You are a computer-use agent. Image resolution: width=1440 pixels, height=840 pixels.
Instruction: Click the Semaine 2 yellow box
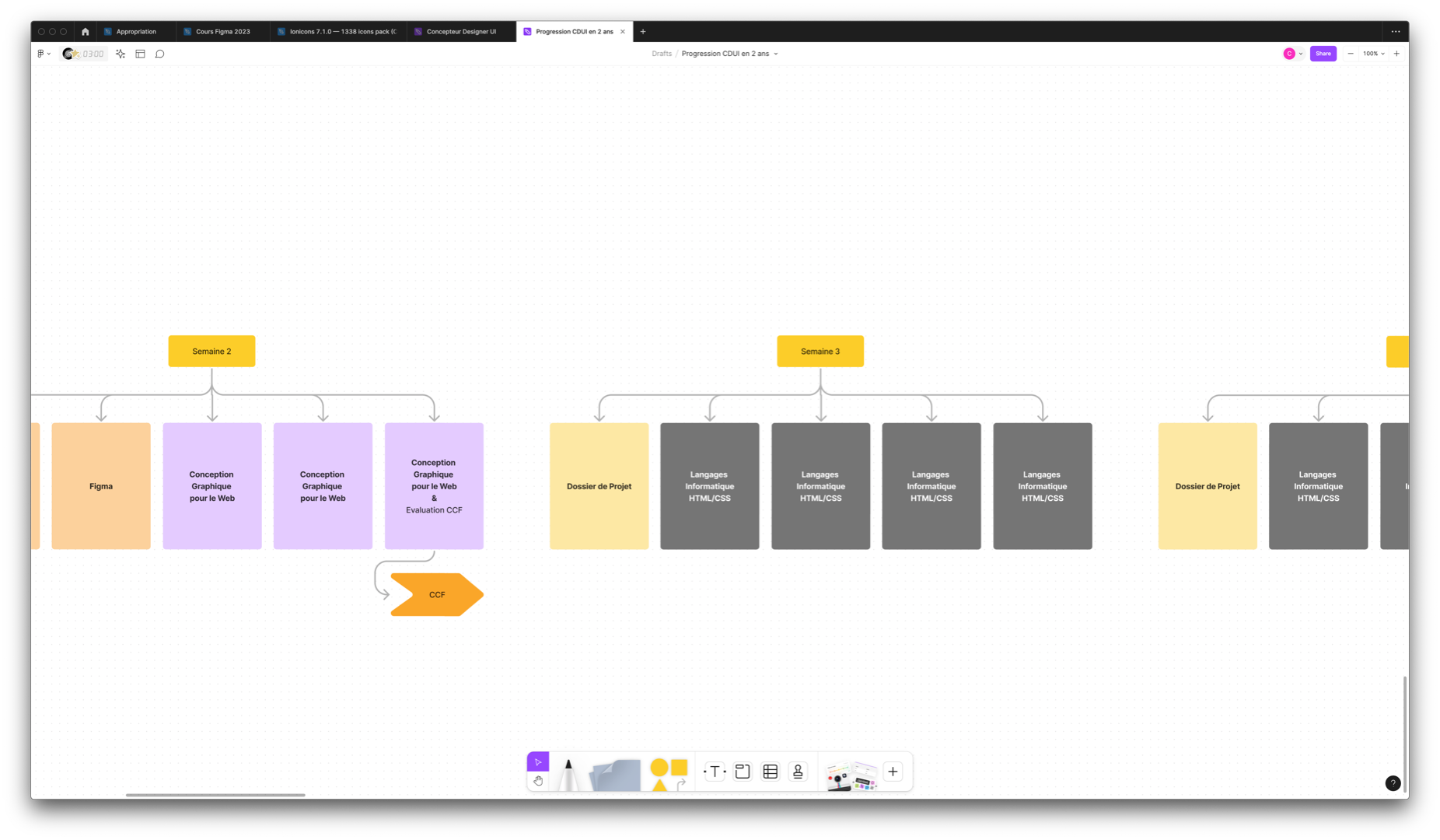point(211,352)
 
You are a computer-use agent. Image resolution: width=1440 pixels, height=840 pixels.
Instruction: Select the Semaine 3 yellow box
point(820,352)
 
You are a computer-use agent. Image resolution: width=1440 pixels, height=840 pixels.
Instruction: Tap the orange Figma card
point(101,486)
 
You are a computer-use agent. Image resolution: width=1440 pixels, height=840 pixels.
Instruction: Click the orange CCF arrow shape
point(437,595)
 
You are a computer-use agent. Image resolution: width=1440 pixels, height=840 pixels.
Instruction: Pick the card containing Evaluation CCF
point(434,486)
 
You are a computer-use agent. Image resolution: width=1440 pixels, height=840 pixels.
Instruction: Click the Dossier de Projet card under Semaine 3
point(599,486)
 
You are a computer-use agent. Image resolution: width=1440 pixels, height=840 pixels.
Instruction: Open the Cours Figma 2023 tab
point(222,32)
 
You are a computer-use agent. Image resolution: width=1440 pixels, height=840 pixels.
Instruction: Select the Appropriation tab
point(136,32)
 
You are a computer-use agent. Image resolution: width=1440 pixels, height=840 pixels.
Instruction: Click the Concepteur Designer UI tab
point(461,32)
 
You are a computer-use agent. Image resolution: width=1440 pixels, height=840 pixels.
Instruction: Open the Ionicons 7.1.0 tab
point(342,32)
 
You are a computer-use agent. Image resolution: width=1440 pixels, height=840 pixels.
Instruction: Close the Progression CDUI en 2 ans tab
point(623,32)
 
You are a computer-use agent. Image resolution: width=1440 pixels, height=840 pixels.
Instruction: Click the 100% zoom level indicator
point(1373,54)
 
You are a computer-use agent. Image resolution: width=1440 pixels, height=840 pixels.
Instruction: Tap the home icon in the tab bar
point(86,32)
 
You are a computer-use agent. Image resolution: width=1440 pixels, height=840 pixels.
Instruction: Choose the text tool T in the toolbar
point(715,772)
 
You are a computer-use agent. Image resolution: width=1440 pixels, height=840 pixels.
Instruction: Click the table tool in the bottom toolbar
point(771,772)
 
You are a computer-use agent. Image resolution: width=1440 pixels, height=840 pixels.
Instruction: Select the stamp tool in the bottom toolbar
point(798,772)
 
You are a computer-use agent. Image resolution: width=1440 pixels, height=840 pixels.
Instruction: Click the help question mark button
point(1393,783)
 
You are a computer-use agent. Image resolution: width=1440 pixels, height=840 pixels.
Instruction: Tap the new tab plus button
point(643,32)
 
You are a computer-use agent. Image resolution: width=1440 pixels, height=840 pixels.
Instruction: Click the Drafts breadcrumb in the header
point(662,54)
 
